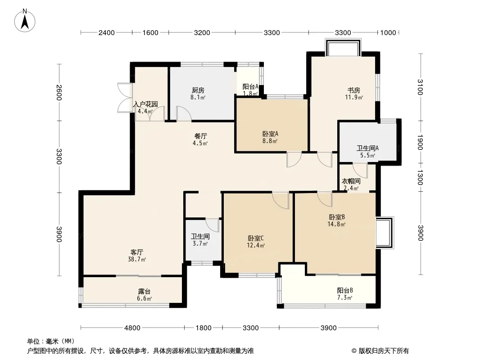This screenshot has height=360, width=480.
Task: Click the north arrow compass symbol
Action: tap(25, 20)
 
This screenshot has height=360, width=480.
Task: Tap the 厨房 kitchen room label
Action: tap(198, 90)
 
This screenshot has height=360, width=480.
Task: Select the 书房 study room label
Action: tap(353, 90)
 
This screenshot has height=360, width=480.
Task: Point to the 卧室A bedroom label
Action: tap(270, 134)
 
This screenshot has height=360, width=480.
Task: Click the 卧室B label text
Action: tap(337, 217)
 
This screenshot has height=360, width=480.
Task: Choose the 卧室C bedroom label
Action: tap(256, 238)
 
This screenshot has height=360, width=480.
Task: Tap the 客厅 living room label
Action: tap(137, 252)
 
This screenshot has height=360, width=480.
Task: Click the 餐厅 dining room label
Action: tap(201, 136)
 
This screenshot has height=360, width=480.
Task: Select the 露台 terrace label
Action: tap(144, 292)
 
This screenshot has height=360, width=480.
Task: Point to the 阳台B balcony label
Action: tap(345, 290)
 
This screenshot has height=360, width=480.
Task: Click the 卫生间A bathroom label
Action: tap(367, 148)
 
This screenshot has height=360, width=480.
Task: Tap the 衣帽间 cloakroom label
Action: tap(351, 181)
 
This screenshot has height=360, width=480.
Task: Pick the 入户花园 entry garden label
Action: tap(146, 104)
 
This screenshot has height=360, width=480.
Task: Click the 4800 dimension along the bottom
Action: tap(132, 328)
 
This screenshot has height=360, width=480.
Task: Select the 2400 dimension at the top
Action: tap(107, 33)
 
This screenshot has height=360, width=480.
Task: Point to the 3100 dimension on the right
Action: tap(420, 87)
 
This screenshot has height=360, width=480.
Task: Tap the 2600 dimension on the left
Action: tap(59, 92)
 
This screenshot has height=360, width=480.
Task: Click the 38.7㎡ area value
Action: tap(137, 260)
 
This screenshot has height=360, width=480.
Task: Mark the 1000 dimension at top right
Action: tap(388, 33)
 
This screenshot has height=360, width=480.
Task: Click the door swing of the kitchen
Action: tap(184, 113)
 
